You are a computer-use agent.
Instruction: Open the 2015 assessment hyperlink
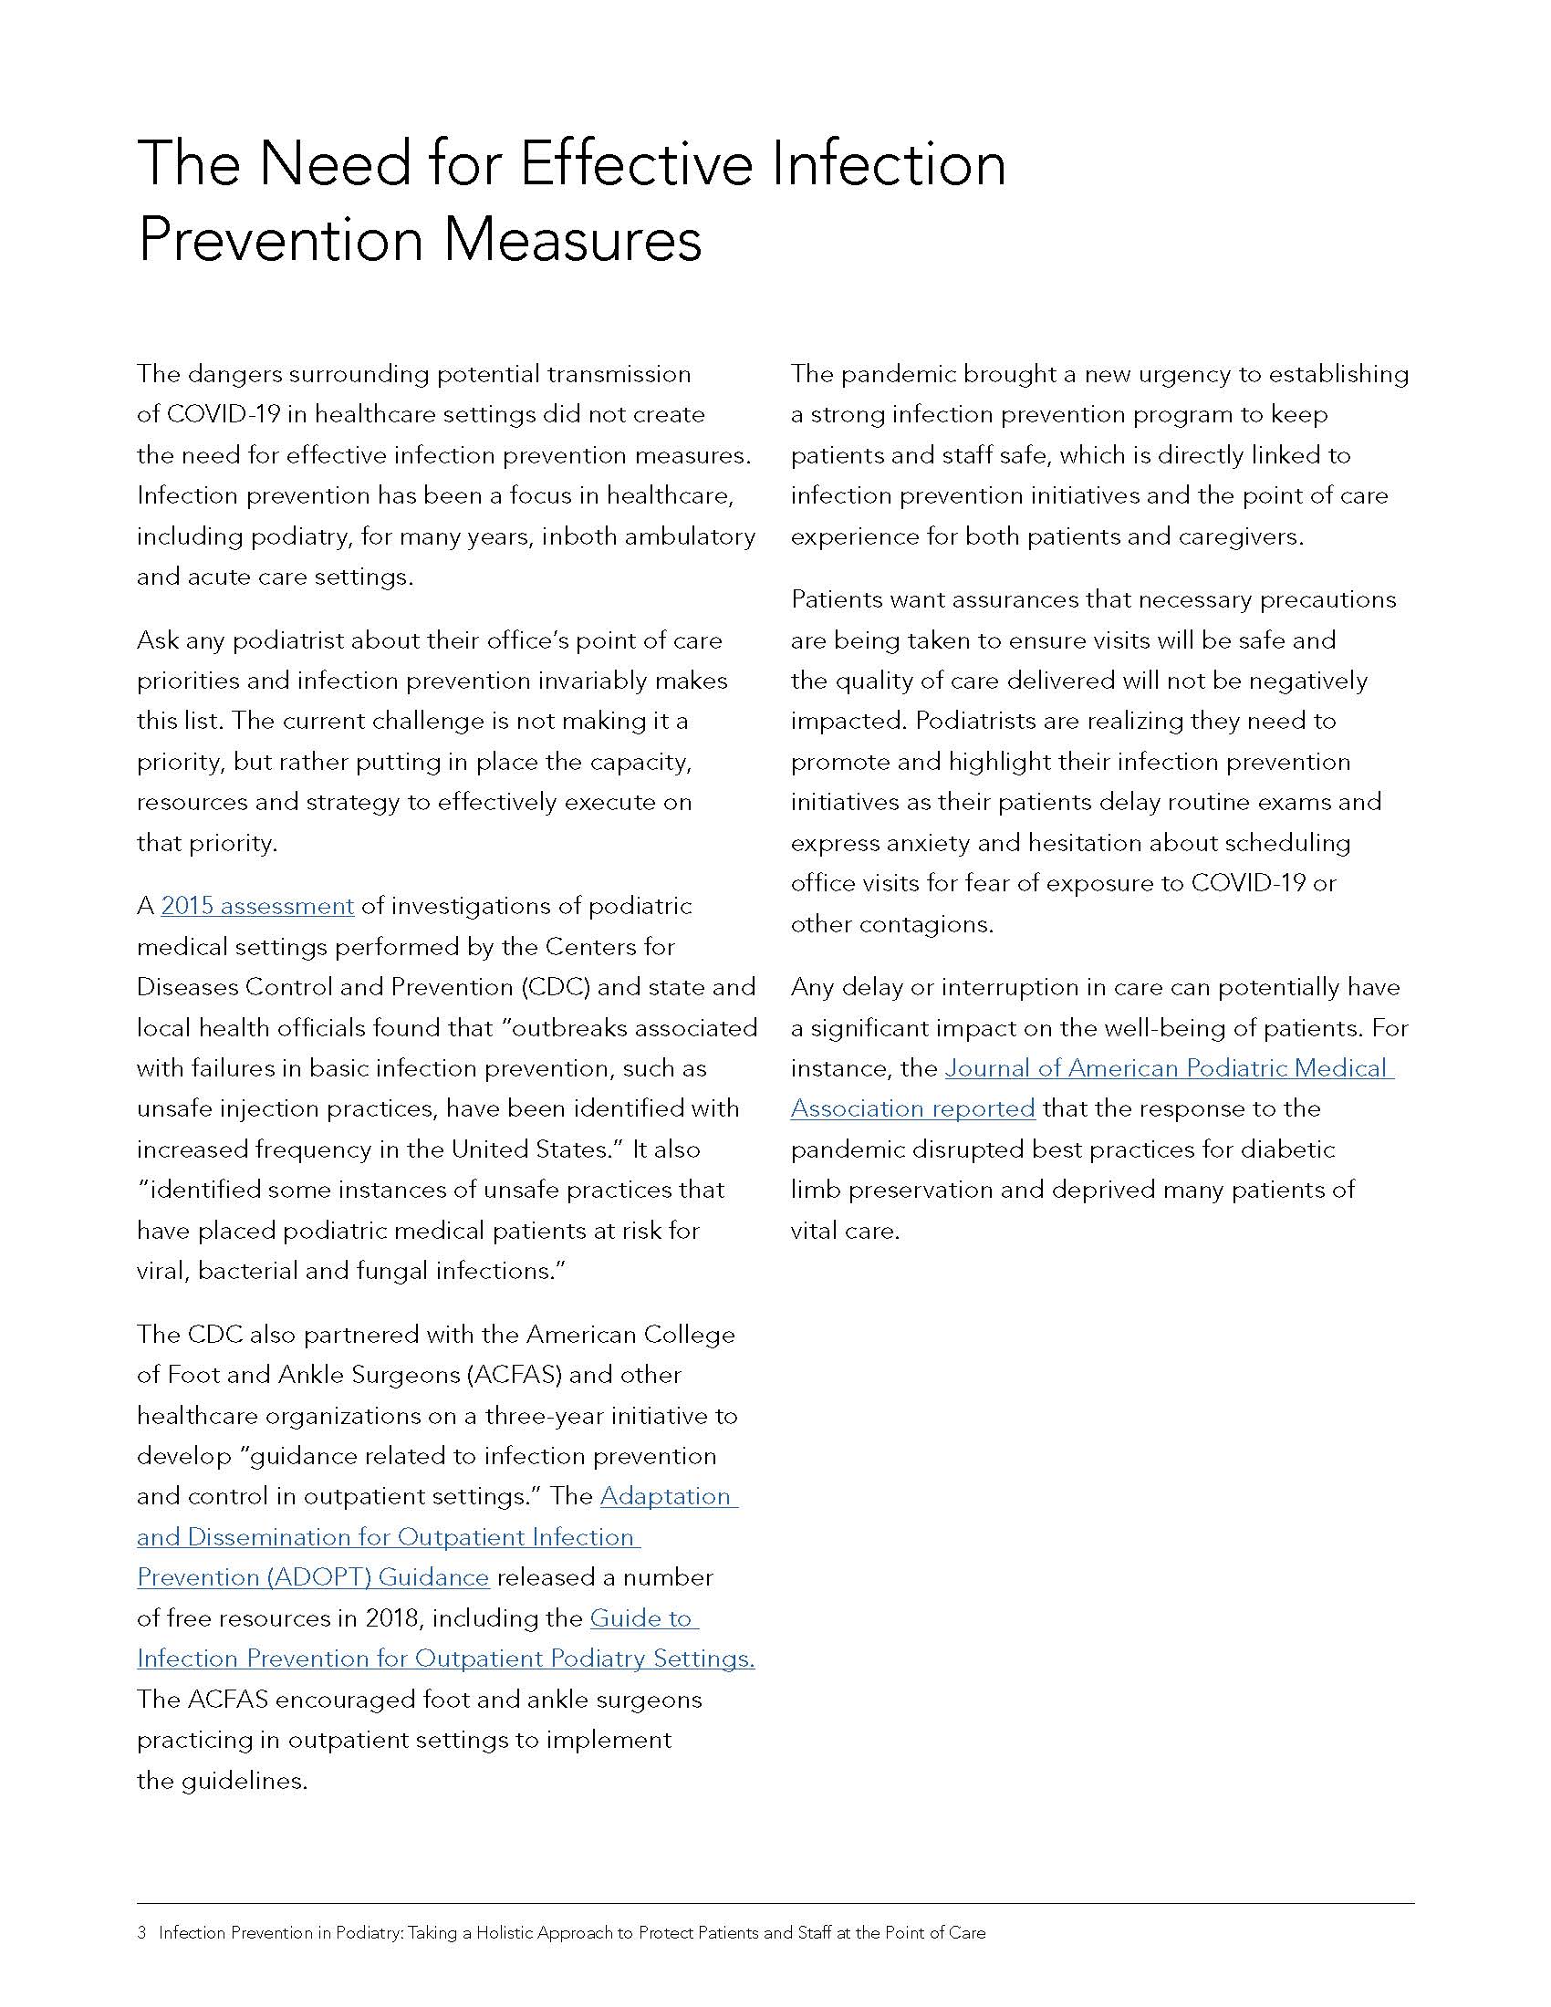257,906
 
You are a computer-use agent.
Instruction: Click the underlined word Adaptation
668,1496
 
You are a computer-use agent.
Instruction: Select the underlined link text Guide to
643,1617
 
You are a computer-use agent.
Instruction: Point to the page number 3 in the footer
141,1932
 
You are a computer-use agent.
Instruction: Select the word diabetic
1290,1149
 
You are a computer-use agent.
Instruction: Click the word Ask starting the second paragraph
157,640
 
